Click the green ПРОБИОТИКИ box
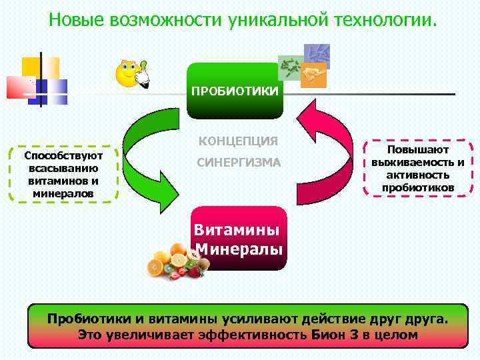pyautogui.click(x=235, y=91)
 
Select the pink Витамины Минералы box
pyautogui.click(x=239, y=239)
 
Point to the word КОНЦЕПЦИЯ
pyautogui.click(x=238, y=141)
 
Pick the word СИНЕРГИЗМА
pyautogui.click(x=238, y=163)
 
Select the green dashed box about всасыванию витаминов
pyautogui.click(x=63, y=174)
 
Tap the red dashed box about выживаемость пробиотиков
pyautogui.click(x=418, y=169)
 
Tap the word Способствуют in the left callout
pyautogui.click(x=63, y=155)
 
